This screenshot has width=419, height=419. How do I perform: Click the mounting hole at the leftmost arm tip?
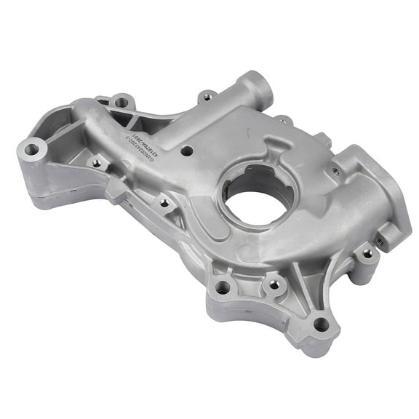tap(31, 149)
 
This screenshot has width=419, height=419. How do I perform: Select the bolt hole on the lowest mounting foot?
tap(321, 324)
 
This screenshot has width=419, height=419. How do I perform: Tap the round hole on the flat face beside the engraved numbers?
tap(187, 151)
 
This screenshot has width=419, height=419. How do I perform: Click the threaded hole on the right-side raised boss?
tap(335, 172)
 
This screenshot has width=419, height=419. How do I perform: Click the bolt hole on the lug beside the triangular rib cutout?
tap(120, 103)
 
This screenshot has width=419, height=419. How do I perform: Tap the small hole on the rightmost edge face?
tap(380, 240)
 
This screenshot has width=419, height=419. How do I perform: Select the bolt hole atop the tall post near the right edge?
tap(367, 254)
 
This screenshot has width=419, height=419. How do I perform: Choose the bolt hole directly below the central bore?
tap(274, 284)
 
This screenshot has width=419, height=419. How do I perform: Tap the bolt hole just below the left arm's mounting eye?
tap(96, 164)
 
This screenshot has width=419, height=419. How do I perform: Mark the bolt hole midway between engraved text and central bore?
tap(165, 204)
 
